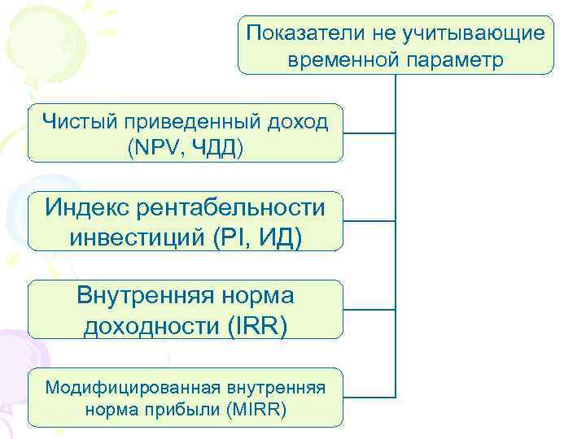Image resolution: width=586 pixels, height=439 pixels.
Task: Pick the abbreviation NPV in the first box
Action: coord(152,148)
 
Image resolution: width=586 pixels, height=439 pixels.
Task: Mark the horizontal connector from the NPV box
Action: coord(369,133)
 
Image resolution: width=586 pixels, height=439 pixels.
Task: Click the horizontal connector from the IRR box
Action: coord(369,309)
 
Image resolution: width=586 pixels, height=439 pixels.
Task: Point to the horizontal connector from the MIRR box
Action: coord(369,397)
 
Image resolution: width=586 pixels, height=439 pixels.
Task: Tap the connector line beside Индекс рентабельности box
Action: coord(369,220)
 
